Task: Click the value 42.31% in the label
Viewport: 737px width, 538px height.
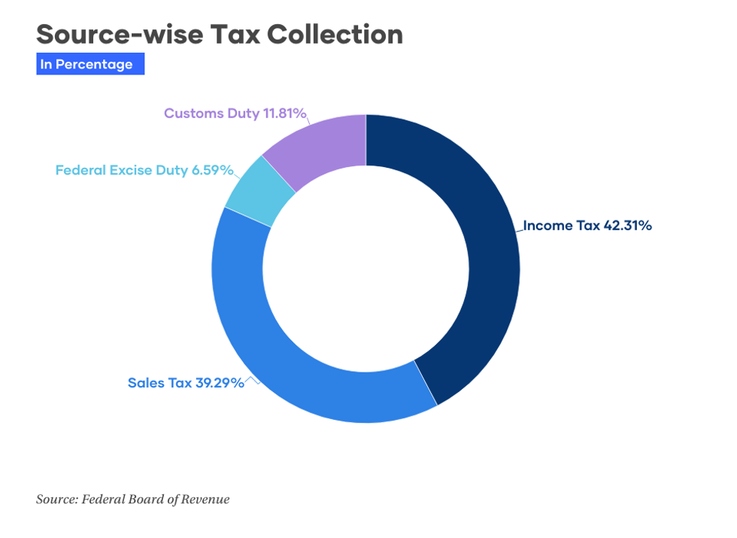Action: click(x=627, y=225)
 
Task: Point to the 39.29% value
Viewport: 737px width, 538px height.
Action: click(x=220, y=383)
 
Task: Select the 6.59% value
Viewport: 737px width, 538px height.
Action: click(x=212, y=170)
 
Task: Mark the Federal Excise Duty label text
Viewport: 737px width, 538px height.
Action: click(x=121, y=170)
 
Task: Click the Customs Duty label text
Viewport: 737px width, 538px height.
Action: click(x=205, y=114)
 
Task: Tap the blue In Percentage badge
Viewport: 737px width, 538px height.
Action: click(x=89, y=65)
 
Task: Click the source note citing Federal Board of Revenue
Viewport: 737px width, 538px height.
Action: click(x=133, y=499)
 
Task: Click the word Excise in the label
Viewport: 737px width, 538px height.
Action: click(x=131, y=170)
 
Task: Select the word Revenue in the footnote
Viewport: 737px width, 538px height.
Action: click(x=205, y=499)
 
